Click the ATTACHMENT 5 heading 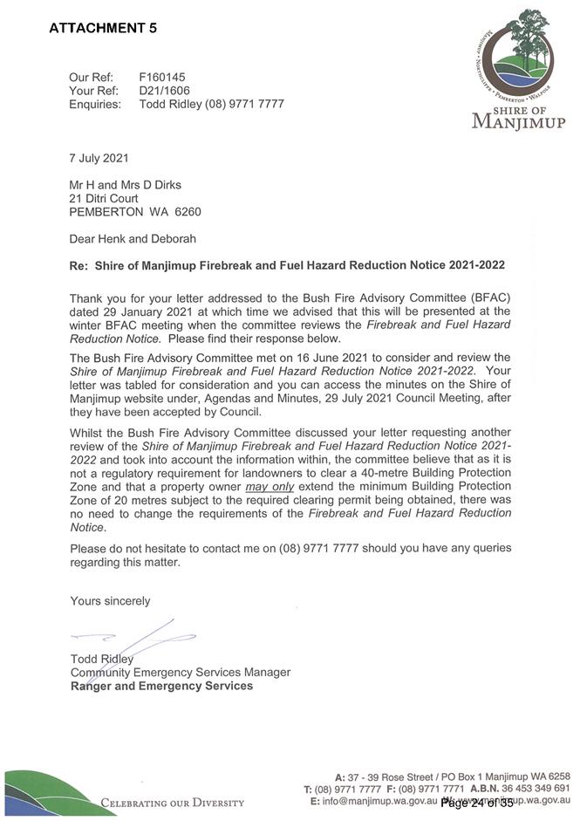pos(103,28)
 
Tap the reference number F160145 pos(162,77)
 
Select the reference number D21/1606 pos(165,90)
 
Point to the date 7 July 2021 pos(99,158)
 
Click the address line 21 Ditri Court pos(104,198)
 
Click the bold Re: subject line pos(287,264)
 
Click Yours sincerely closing pos(110,600)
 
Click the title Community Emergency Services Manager pos(180,673)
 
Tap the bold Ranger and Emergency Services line pos(161,686)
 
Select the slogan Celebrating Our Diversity pos(173,802)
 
